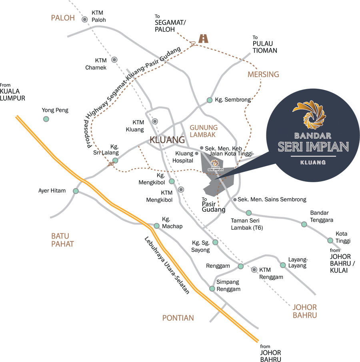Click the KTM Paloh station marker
85,20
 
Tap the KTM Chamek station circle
114,60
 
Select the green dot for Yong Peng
46,119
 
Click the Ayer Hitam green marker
76,191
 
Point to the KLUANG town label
167,140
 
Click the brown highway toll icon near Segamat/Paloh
203,38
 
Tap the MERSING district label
263,74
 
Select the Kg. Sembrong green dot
210,100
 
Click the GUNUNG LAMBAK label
204,131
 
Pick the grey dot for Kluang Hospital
197,153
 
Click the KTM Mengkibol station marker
181,189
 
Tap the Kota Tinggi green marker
330,240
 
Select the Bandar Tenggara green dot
304,224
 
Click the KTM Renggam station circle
254,269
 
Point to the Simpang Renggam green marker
212,288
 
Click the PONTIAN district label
178,318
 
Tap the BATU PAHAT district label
62,240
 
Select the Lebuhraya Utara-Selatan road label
167,265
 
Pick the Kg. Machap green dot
157,226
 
